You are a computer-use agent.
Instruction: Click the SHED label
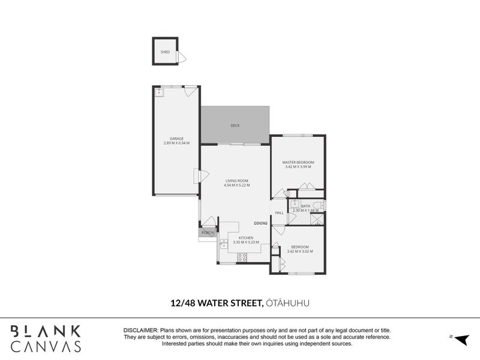click(165, 52)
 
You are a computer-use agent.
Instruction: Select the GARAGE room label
click(176, 139)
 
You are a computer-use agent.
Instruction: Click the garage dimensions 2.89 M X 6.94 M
click(176, 143)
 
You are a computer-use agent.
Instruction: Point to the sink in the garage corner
click(160, 92)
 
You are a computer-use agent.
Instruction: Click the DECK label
click(235, 125)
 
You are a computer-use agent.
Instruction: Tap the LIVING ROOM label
click(236, 181)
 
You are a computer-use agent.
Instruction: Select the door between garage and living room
click(197, 176)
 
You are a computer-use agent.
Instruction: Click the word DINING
click(260, 223)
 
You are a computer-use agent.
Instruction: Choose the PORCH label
click(208, 232)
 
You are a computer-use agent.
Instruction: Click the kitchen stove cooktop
click(242, 257)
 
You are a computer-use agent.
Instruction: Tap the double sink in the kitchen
click(223, 244)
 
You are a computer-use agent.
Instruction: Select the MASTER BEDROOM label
click(298, 162)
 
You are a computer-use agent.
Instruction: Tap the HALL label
click(279, 213)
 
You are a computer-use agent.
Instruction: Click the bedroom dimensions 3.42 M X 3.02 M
click(299, 251)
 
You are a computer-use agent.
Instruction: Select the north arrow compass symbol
click(460, 340)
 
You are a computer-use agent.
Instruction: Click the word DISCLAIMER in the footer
click(140, 331)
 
